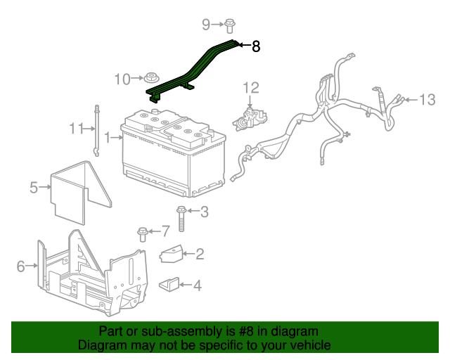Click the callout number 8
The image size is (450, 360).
[x=256, y=47]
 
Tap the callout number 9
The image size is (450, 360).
[x=206, y=25]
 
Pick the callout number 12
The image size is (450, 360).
[x=251, y=87]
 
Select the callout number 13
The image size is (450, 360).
[x=427, y=99]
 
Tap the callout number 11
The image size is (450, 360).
[x=76, y=128]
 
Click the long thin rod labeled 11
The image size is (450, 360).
[x=96, y=130]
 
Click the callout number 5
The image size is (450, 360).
[x=34, y=187]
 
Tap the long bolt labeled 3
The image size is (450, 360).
[x=181, y=219]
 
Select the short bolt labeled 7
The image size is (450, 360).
[x=143, y=232]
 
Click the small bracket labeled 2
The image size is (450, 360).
[x=172, y=254]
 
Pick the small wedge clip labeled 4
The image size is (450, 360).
[x=169, y=285]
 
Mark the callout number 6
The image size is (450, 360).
[x=20, y=266]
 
